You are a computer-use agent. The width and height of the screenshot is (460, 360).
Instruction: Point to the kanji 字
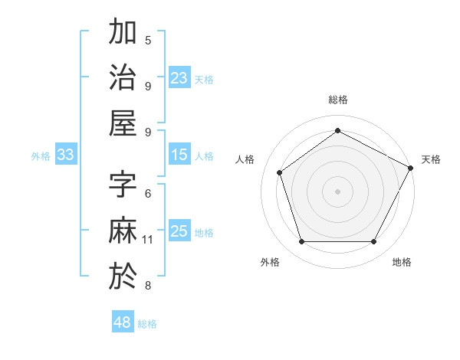tap(123, 185)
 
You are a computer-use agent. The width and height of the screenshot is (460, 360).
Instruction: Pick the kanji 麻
tap(123, 231)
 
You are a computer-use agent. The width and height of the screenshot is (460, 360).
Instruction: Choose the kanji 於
tap(123, 276)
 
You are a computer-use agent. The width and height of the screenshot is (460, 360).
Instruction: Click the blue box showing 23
tap(179, 78)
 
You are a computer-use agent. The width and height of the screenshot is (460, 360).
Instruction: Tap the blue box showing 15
tap(179, 155)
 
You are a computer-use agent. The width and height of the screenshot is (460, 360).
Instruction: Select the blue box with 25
tap(179, 231)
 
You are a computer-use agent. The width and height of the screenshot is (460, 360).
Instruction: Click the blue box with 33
tap(66, 155)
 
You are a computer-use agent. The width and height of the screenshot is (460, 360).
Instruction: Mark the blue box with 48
tap(123, 322)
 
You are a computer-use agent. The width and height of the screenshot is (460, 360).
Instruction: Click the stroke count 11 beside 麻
tap(148, 240)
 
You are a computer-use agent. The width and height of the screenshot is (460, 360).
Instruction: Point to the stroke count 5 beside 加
tap(148, 41)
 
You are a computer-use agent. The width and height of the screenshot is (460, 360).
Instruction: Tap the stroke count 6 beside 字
tap(148, 194)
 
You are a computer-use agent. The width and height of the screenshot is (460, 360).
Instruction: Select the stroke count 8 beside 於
tap(148, 286)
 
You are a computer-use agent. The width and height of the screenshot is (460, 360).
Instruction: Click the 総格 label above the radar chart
tap(337, 100)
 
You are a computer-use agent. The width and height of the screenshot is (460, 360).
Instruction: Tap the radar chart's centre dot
tap(337, 191)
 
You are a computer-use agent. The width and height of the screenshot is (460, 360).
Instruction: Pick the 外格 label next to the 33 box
tap(41, 156)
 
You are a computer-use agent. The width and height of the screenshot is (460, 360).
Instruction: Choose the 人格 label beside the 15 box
tap(205, 156)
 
